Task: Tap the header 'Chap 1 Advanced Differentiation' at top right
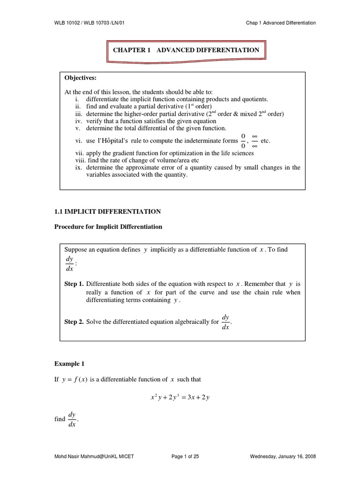[x=280, y=22]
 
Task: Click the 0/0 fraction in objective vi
[x=243, y=141]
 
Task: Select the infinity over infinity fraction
[x=255, y=141]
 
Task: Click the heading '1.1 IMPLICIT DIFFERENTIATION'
[x=108, y=211]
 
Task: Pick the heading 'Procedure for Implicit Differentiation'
[x=109, y=227]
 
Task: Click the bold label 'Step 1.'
[x=74, y=284]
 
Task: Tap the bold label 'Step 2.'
[x=74, y=322]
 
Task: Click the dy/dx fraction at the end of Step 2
[x=225, y=322]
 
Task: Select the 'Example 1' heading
[x=69, y=363]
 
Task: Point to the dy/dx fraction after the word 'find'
[x=72, y=420]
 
